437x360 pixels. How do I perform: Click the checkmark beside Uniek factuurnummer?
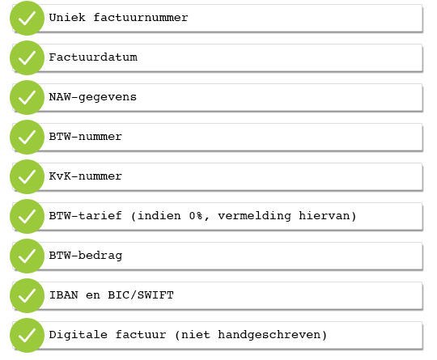(27, 18)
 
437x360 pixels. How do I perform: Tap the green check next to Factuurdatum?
(27, 57)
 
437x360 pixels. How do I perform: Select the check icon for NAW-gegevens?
(27, 97)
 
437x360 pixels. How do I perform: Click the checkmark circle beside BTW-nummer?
(27, 137)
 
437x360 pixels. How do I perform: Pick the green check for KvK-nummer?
(27, 176)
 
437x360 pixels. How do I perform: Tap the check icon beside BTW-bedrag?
(27, 256)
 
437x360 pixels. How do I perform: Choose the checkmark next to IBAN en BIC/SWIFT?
(27, 295)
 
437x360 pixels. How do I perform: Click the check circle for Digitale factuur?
(27, 335)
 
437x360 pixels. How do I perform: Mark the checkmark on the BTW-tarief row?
(27, 216)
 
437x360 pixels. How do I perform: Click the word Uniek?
(67, 17)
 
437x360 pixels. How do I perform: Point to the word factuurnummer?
(141, 17)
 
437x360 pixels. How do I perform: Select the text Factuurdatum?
(93, 57)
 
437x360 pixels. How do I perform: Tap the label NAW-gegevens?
(93, 97)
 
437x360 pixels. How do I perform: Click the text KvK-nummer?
(86, 176)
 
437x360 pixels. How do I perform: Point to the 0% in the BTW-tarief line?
(196, 216)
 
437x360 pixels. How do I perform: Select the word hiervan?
(325, 216)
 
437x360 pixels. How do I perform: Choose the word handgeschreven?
(269, 335)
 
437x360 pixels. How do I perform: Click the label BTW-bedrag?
(86, 256)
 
